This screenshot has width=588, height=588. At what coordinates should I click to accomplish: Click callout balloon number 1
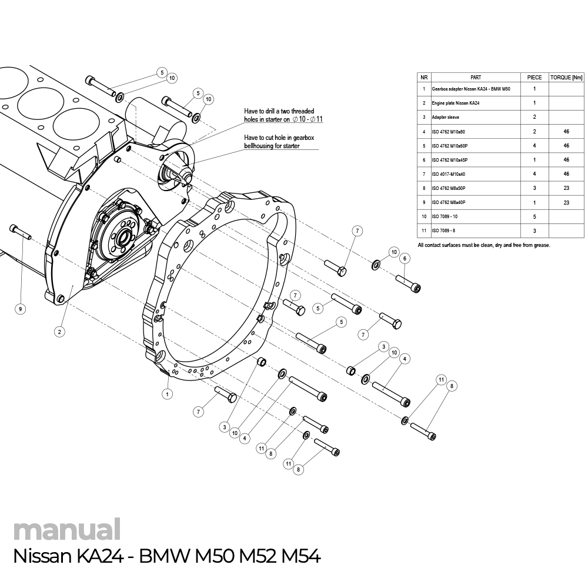168,394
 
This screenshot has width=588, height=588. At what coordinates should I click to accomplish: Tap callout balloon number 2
59,332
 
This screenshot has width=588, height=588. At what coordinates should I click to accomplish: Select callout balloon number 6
404,258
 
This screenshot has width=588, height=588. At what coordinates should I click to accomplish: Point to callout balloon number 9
20,308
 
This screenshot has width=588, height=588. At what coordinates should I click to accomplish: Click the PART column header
476,77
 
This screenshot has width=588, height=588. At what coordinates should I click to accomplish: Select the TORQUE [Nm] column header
566,77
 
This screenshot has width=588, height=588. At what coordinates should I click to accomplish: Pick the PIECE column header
534,77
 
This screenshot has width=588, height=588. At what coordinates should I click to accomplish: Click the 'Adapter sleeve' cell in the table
445,117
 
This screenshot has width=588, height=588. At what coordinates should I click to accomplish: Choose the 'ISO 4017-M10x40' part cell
448,174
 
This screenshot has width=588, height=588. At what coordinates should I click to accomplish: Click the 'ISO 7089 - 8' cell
444,231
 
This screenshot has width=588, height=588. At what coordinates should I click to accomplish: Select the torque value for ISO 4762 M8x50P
566,188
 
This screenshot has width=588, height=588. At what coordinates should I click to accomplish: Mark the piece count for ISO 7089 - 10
534,217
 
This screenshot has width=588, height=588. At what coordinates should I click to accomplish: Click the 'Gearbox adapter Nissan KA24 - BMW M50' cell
470,89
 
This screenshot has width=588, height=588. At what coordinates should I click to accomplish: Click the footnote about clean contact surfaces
483,245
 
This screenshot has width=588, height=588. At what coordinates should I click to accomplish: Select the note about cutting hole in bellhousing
280,141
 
